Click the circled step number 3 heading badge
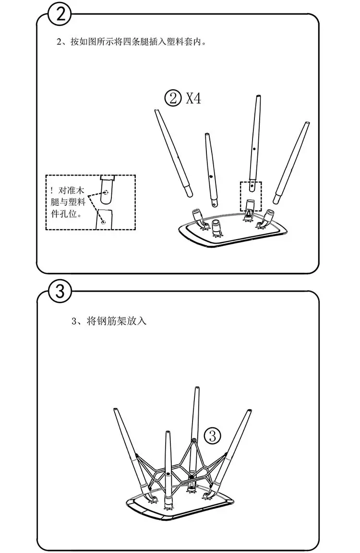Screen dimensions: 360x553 click(x=60, y=291)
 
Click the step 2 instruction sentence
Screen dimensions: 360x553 click(x=132, y=42)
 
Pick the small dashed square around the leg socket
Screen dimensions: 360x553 click(x=251, y=196)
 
